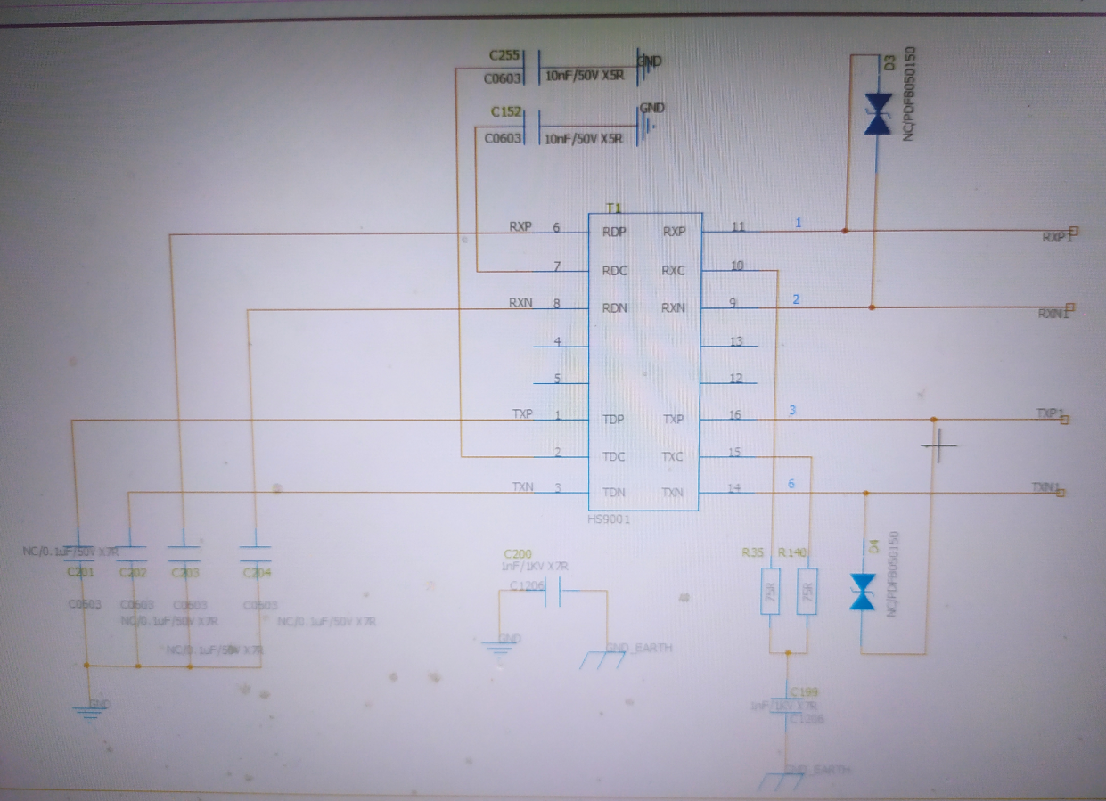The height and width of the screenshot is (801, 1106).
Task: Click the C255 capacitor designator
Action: [x=504, y=55]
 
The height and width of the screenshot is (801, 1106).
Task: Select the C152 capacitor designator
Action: [x=505, y=112]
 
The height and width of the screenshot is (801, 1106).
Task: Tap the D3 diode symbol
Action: [x=878, y=115]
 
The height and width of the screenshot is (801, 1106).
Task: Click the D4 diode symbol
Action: [x=863, y=593]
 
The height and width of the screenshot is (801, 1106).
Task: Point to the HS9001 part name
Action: [x=609, y=519]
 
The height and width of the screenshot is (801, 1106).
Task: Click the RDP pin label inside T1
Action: [x=614, y=232]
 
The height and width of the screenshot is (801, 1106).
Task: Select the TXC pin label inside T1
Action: [x=674, y=456]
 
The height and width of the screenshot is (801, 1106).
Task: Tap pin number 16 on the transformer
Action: [x=735, y=416]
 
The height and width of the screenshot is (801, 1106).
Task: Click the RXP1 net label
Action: [x=1058, y=236]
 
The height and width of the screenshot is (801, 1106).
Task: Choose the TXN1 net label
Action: [x=1047, y=487]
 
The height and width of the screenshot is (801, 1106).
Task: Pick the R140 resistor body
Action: [x=807, y=592]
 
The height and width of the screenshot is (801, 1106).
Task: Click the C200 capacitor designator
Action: [x=517, y=553]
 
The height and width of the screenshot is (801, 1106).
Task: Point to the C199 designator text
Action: [x=804, y=691]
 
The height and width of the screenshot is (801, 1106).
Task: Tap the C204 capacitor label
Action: [x=257, y=573]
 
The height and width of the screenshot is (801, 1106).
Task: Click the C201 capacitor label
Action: [x=80, y=572]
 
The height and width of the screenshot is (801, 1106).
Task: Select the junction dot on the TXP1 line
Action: [x=933, y=419]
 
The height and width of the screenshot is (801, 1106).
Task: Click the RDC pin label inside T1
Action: [x=614, y=270]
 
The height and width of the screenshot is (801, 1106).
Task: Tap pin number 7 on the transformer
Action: [x=557, y=266]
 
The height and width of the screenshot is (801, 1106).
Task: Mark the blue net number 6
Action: [x=791, y=484]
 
